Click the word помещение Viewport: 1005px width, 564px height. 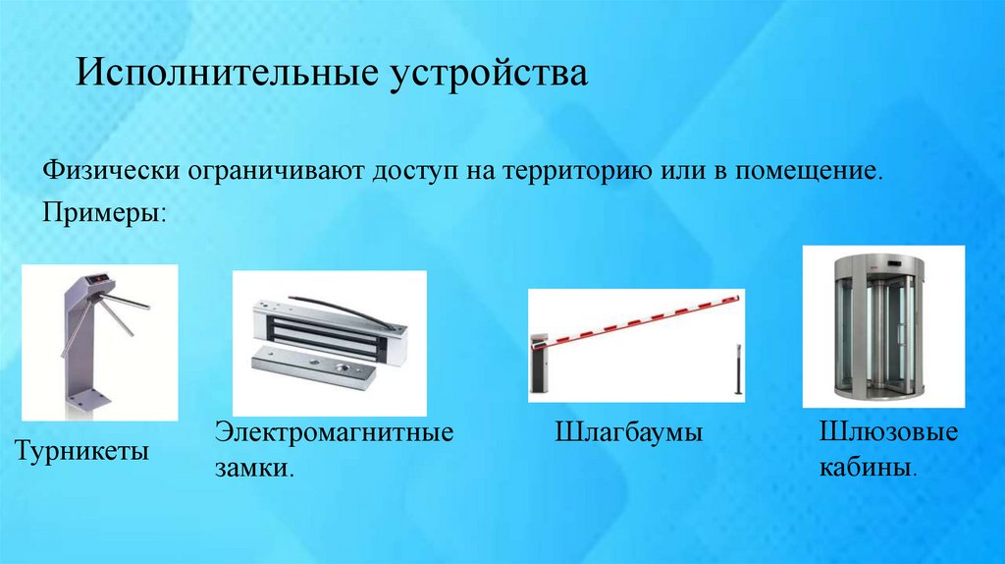coord(810,171)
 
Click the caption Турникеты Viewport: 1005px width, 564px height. coord(80,453)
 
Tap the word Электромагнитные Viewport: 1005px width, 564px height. coord(335,432)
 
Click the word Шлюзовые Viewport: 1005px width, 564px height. coord(887,432)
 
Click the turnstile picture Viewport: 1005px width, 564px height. coord(100,342)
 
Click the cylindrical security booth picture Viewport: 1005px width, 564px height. coord(883,326)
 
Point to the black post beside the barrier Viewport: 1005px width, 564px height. coord(735,369)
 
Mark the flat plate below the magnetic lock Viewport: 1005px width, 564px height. coord(314,368)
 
